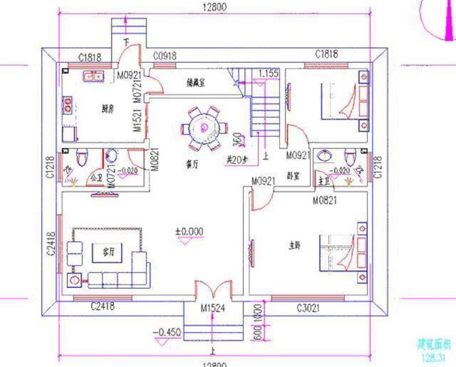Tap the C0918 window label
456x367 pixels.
point(165,54)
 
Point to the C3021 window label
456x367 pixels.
point(310,308)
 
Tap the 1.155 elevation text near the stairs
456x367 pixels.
point(268,73)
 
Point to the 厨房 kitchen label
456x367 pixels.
point(108,109)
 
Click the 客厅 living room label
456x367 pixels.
point(109,252)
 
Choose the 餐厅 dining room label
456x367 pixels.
point(191,162)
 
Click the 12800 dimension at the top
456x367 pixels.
point(213,8)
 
